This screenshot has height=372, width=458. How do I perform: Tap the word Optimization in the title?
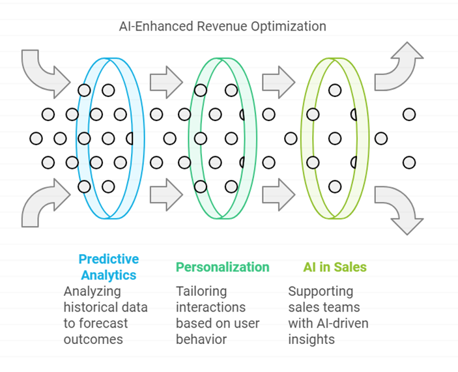(289, 27)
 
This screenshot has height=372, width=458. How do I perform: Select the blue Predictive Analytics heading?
(109, 267)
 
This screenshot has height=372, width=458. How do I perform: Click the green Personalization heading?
(223, 267)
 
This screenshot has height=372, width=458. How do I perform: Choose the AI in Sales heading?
(335, 267)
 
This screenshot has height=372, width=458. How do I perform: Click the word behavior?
(201, 339)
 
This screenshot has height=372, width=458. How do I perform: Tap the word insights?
(311, 339)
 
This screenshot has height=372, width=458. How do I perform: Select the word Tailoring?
(201, 291)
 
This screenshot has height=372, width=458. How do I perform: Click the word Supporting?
(321, 291)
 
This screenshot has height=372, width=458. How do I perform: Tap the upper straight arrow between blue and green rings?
(166, 82)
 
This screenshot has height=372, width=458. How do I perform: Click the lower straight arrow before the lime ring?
(279, 194)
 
